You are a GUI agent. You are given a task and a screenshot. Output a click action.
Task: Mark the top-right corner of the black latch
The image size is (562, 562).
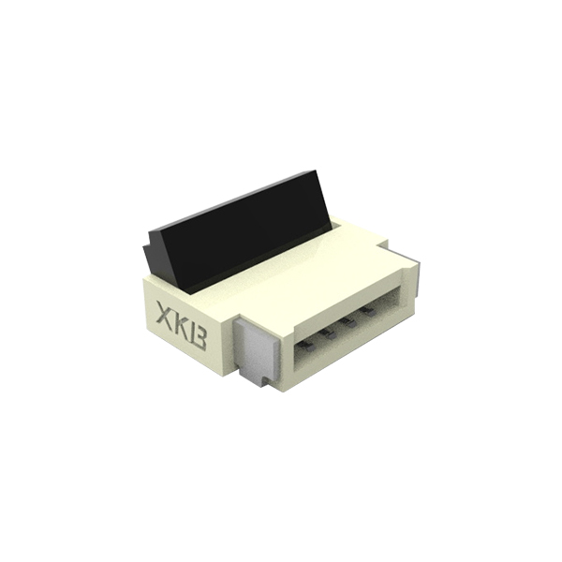point(315,170)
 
